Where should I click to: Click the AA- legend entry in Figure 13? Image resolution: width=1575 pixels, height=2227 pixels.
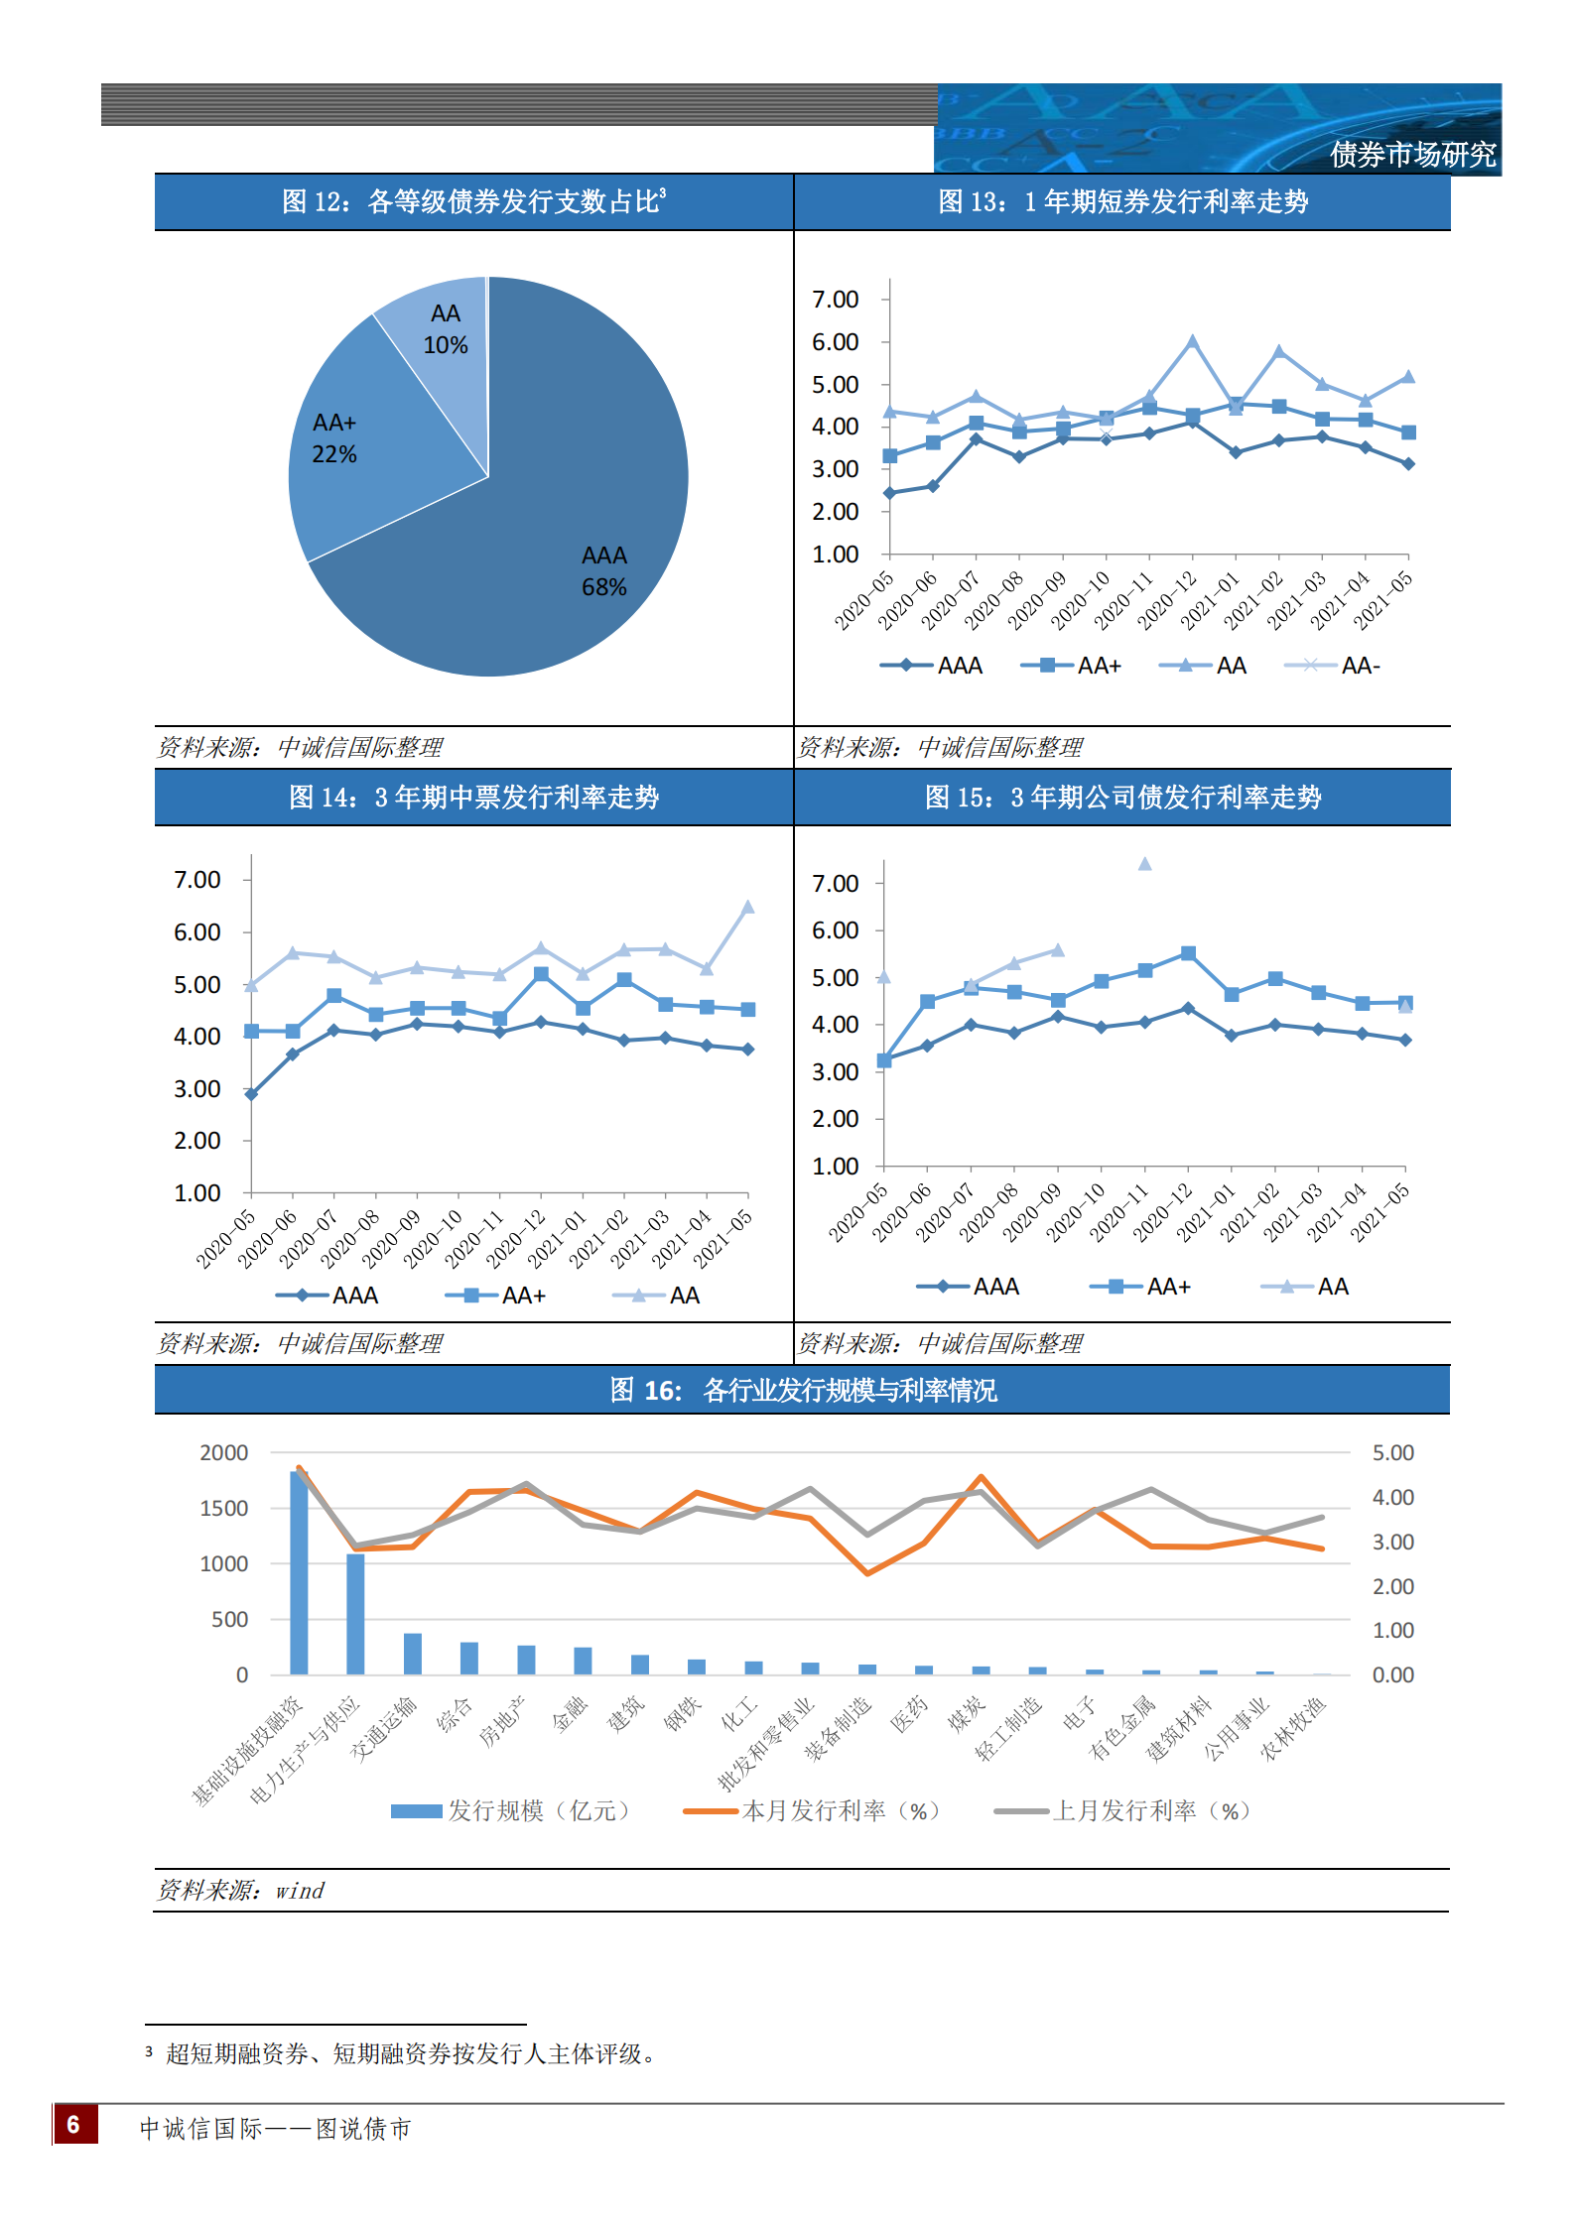(1333, 666)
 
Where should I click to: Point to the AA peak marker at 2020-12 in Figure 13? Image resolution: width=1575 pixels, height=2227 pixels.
(1192, 342)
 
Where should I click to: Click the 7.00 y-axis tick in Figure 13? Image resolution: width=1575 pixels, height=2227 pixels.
(835, 300)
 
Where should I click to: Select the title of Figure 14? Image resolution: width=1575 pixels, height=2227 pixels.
(473, 798)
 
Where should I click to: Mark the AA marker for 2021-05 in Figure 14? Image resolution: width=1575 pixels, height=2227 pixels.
(747, 907)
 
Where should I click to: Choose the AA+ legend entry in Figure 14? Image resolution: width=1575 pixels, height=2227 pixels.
(496, 1296)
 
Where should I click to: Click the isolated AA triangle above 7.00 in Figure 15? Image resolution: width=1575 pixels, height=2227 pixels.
(1144, 864)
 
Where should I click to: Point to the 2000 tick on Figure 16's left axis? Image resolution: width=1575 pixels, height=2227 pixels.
(224, 1453)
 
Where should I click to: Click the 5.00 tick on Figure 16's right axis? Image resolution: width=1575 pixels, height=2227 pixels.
(1392, 1453)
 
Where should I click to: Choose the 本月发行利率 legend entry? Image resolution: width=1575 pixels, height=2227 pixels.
(812, 1811)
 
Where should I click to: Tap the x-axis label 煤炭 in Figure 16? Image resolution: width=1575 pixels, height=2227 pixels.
(966, 1714)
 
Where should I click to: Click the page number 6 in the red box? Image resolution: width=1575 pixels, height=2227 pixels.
(74, 2124)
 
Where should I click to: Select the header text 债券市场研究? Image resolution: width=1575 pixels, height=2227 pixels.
(1411, 155)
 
